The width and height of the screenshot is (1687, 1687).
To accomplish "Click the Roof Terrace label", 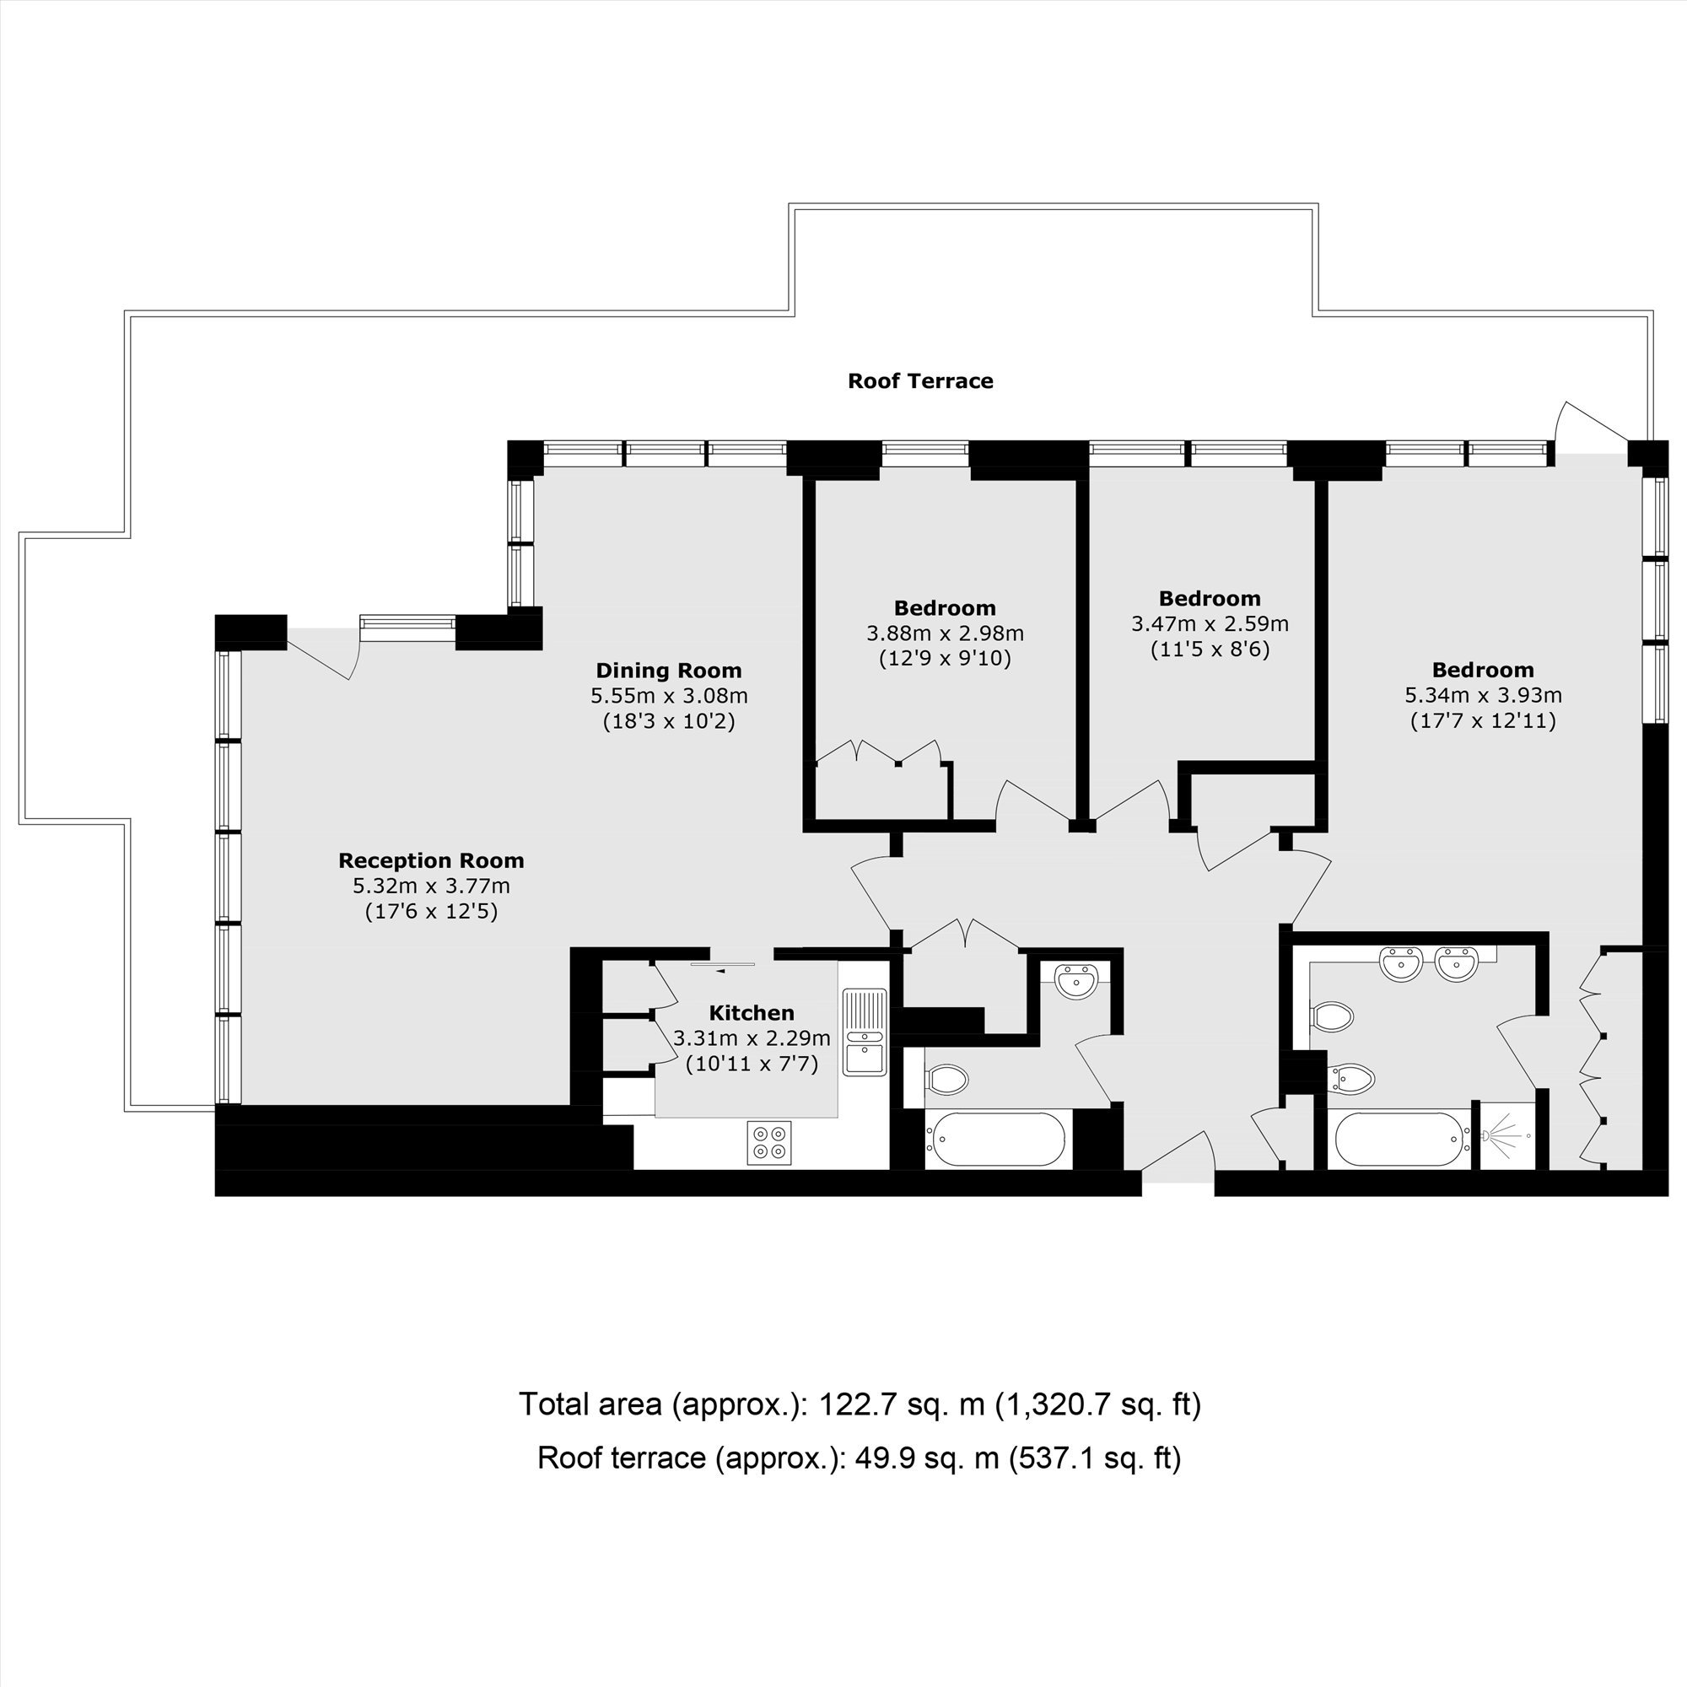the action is (x=920, y=380).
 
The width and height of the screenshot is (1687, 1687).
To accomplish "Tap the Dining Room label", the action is (x=669, y=671).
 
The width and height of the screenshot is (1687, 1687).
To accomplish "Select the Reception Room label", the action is (x=431, y=861).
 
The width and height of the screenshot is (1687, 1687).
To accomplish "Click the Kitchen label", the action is (x=752, y=1013).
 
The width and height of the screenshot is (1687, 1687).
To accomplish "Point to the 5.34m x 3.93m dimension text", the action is (x=1484, y=696).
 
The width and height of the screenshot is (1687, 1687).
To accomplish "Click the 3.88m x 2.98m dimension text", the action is (x=945, y=633).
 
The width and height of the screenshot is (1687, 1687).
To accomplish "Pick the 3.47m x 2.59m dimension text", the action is (x=1210, y=624).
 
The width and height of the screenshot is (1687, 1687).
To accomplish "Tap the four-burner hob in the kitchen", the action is (x=769, y=1142).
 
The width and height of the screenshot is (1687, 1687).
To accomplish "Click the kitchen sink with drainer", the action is (x=865, y=1032).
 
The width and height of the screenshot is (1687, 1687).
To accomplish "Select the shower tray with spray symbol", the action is (x=1508, y=1136).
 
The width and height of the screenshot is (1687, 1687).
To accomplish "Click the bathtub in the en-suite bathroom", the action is (x=1399, y=1138).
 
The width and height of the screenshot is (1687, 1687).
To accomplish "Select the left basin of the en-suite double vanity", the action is (x=1403, y=964).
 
